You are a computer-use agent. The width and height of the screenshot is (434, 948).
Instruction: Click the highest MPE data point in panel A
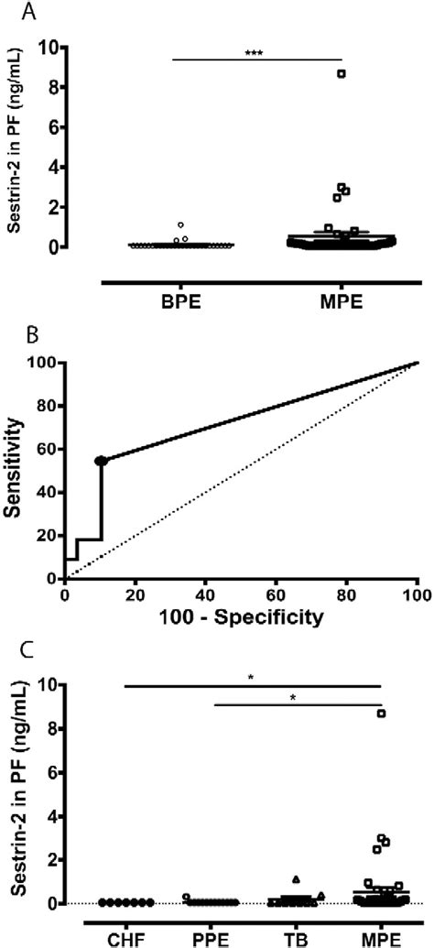(342, 73)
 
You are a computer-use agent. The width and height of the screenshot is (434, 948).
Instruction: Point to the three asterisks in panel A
(256, 53)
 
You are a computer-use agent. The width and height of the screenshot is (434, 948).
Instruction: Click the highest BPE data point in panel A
(181, 224)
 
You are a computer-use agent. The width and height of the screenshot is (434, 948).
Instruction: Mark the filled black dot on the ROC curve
(101, 461)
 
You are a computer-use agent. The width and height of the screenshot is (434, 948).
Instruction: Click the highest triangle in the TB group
(296, 879)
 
